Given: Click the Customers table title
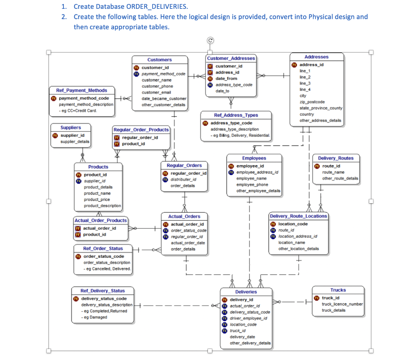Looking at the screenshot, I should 159,60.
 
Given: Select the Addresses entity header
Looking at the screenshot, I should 316,57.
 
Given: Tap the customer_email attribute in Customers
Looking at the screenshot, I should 156,92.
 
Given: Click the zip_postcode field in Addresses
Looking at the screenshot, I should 312,102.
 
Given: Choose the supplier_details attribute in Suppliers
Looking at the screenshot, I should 75,142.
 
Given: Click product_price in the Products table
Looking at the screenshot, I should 97,200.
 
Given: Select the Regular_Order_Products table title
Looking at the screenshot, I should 141,130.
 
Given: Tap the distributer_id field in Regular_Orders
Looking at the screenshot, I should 183,179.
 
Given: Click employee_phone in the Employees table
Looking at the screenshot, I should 252,184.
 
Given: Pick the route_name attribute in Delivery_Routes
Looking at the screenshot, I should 333,172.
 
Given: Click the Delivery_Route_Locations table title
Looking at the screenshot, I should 299,216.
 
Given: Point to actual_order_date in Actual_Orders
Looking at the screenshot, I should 188,243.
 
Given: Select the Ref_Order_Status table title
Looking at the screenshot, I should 103,249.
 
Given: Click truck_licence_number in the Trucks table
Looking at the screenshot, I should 342,304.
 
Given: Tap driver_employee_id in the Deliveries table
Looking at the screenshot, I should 248,318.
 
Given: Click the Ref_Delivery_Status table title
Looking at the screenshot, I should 102,291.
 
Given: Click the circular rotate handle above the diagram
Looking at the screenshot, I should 210,40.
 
